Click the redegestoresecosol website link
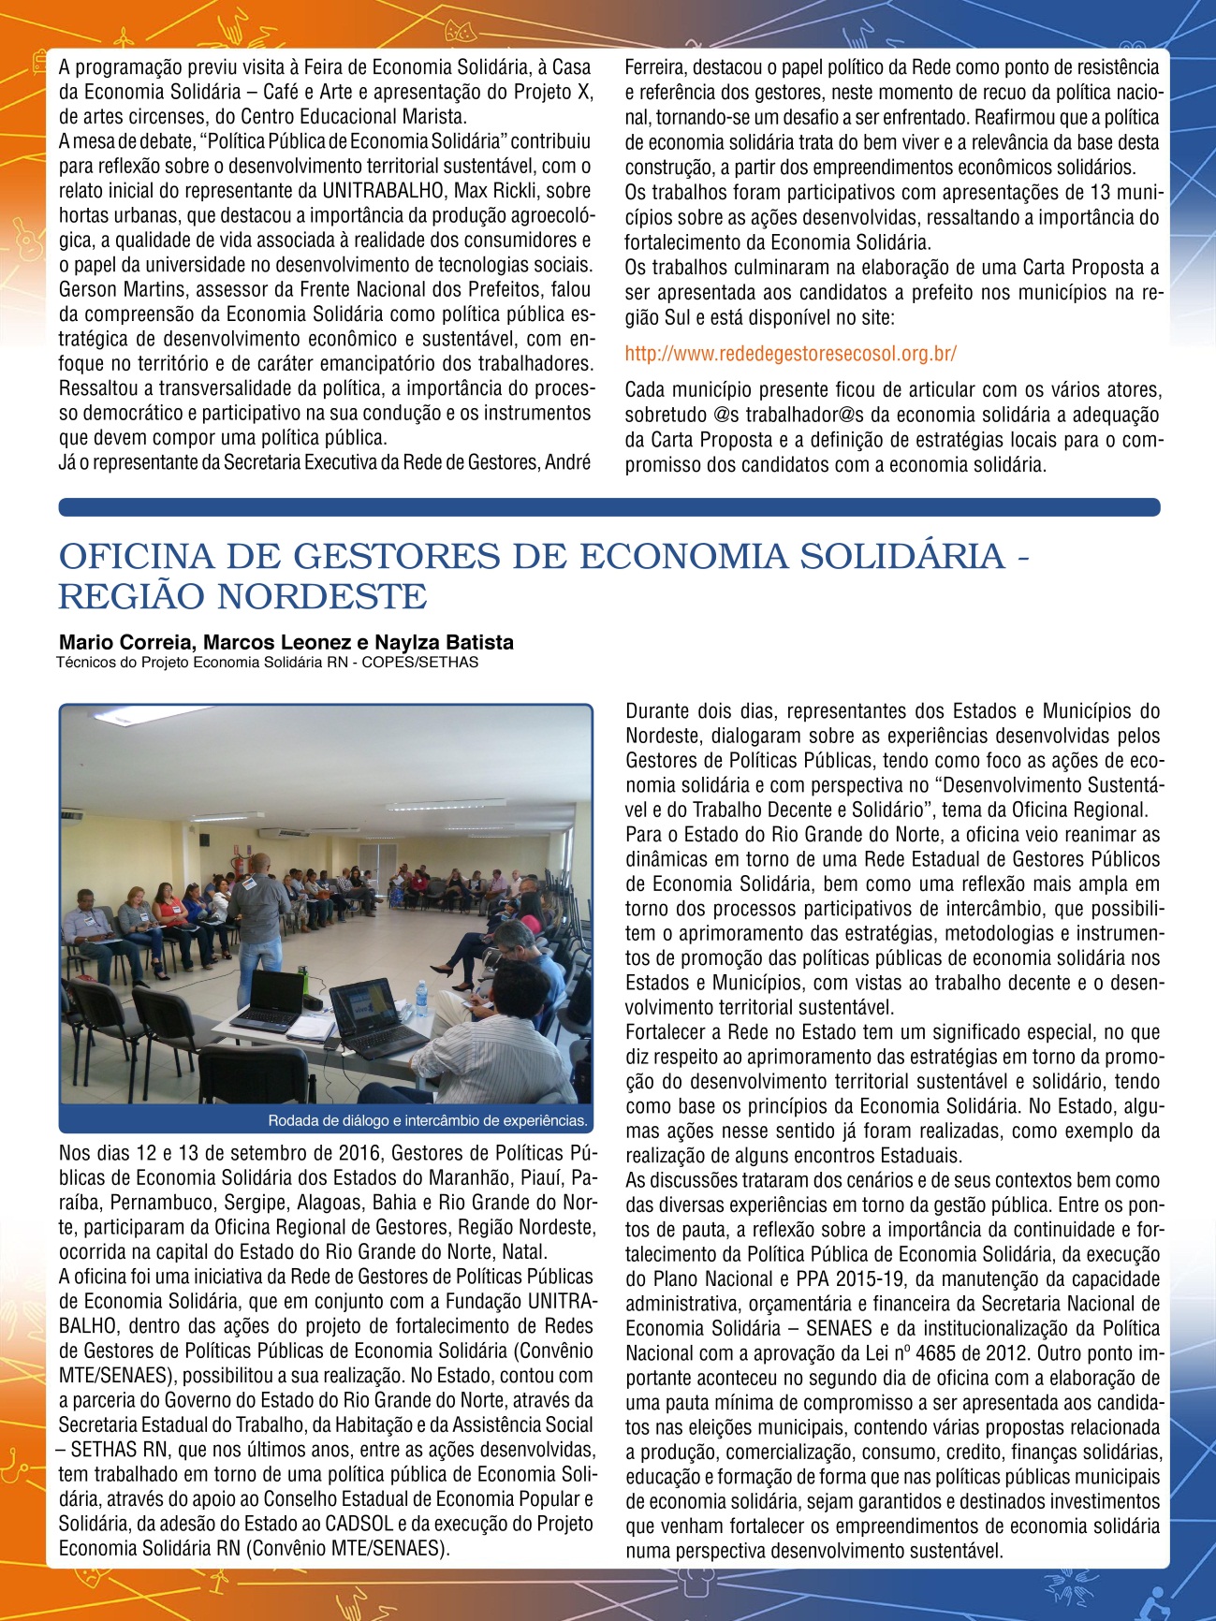click(x=790, y=354)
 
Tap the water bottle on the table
click(x=421, y=998)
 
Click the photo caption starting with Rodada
click(x=427, y=1120)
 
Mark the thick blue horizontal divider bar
click(x=608, y=507)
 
